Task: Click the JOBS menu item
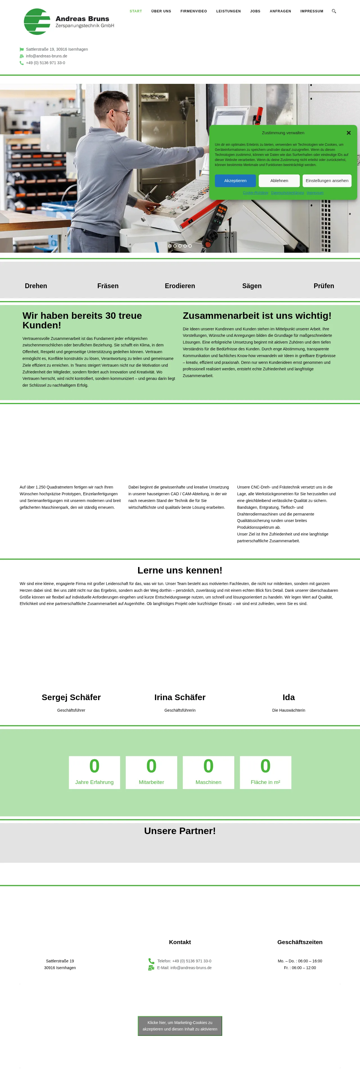click(255, 11)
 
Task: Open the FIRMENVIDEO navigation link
click(193, 11)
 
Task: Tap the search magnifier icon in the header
click(334, 11)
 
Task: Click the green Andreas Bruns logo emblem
click(37, 22)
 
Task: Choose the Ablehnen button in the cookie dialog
click(279, 181)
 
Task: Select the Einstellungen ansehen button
click(327, 181)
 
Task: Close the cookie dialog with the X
click(348, 133)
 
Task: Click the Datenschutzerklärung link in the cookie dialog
click(287, 193)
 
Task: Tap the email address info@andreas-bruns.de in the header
click(47, 56)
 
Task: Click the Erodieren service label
click(180, 286)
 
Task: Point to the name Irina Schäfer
click(180, 697)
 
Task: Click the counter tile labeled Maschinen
click(208, 772)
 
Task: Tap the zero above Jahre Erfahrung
click(94, 766)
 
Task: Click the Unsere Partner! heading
click(180, 831)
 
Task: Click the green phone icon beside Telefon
click(151, 961)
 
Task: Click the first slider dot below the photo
click(170, 246)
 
